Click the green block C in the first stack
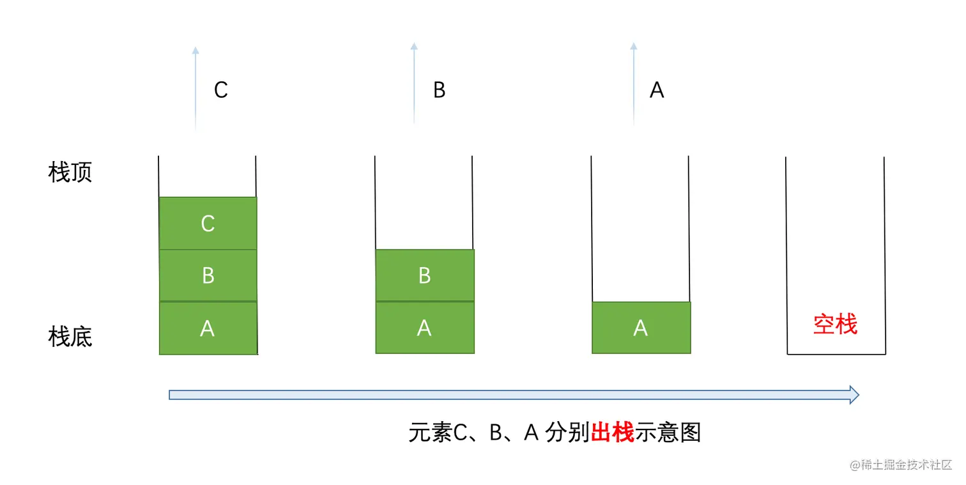[x=208, y=223]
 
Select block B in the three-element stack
[x=208, y=275]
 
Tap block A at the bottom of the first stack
[x=208, y=328]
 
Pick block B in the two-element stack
[x=424, y=275]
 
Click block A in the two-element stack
[x=424, y=328]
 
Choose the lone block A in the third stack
[x=641, y=328]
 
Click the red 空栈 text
[x=835, y=325]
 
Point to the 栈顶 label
[x=70, y=173]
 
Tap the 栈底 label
[x=70, y=337]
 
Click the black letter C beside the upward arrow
[x=221, y=90]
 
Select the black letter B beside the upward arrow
[x=439, y=90]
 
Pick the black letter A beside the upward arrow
[x=657, y=90]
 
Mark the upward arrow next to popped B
[x=414, y=83]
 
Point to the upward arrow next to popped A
[x=634, y=83]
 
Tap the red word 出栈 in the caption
[x=612, y=433]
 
